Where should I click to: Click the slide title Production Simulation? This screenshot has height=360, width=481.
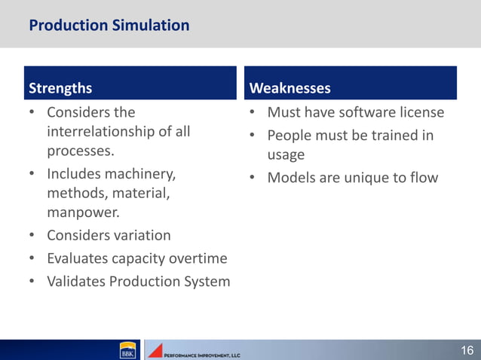click(x=109, y=26)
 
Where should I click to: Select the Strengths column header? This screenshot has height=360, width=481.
click(x=60, y=88)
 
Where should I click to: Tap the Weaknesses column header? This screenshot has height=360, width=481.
click(x=290, y=88)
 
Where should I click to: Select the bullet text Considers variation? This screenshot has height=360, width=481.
click(x=109, y=235)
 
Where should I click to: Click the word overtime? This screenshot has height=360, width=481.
click(x=198, y=258)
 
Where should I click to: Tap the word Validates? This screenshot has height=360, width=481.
click(x=76, y=282)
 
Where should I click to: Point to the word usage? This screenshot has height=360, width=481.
click(x=286, y=155)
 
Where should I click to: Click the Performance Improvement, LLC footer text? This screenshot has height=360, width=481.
click(x=202, y=353)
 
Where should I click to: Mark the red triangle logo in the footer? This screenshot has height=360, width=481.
click(x=155, y=350)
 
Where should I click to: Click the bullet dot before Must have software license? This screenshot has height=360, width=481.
click(x=253, y=113)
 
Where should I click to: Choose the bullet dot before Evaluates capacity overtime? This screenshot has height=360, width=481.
click(x=32, y=259)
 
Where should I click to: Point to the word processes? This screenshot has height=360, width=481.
click(x=81, y=151)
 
